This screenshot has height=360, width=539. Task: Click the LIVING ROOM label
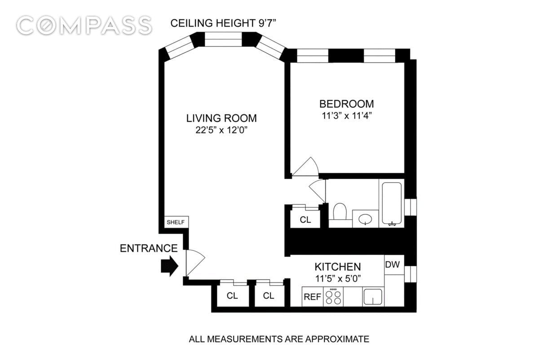pyautogui.click(x=221, y=118)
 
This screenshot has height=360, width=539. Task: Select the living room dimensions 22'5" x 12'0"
pyautogui.click(x=221, y=131)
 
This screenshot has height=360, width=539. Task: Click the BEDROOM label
pyautogui.click(x=346, y=104)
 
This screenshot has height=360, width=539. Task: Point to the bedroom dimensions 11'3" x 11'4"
pyautogui.click(x=346, y=116)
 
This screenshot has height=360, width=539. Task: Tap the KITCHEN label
pyautogui.click(x=337, y=266)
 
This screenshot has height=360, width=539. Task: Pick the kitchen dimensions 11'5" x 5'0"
pyautogui.click(x=337, y=279)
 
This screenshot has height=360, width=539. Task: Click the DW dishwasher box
pyautogui.click(x=393, y=264)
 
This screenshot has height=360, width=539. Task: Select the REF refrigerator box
pyautogui.click(x=312, y=297)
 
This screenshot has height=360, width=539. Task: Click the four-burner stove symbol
pyautogui.click(x=333, y=297)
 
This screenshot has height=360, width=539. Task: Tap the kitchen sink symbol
pyautogui.click(x=373, y=297)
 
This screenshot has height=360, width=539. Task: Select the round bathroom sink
pyautogui.click(x=366, y=220)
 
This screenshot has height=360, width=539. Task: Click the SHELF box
pyautogui.click(x=176, y=222)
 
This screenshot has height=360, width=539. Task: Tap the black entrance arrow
pyautogui.click(x=169, y=266)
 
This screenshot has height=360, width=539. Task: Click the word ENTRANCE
pyautogui.click(x=149, y=248)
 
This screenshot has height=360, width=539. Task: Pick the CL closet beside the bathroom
pyautogui.click(x=305, y=220)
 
